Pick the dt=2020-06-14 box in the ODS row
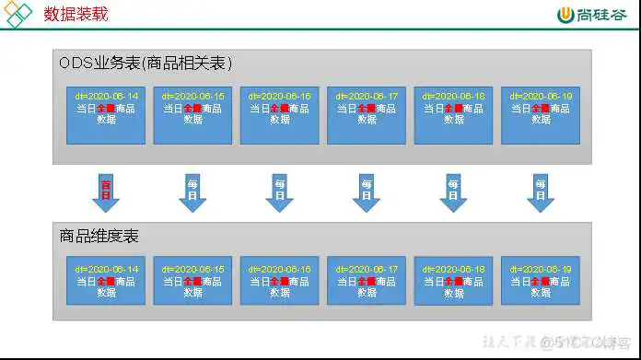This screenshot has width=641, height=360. tap(107, 115)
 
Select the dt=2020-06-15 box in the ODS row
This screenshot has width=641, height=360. tap(192, 115)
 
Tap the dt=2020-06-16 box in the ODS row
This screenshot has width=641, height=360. tap(279, 115)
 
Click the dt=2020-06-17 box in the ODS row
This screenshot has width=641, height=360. tap(367, 115)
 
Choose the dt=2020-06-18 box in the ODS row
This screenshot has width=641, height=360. tap(453, 115)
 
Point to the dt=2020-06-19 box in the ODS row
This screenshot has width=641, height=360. tap(540, 115)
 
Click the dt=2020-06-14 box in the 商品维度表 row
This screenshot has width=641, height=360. tap(107, 281)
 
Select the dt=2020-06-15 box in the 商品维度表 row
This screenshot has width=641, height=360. tap(192, 281)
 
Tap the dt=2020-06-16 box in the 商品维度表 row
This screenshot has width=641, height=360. tap(279, 281)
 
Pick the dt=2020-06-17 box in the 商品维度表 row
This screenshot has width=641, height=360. tap(367, 281)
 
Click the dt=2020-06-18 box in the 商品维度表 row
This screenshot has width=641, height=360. tap(453, 281)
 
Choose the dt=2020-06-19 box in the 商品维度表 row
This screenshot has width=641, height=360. tap(540, 281)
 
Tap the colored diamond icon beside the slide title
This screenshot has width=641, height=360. tap(18, 14)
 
